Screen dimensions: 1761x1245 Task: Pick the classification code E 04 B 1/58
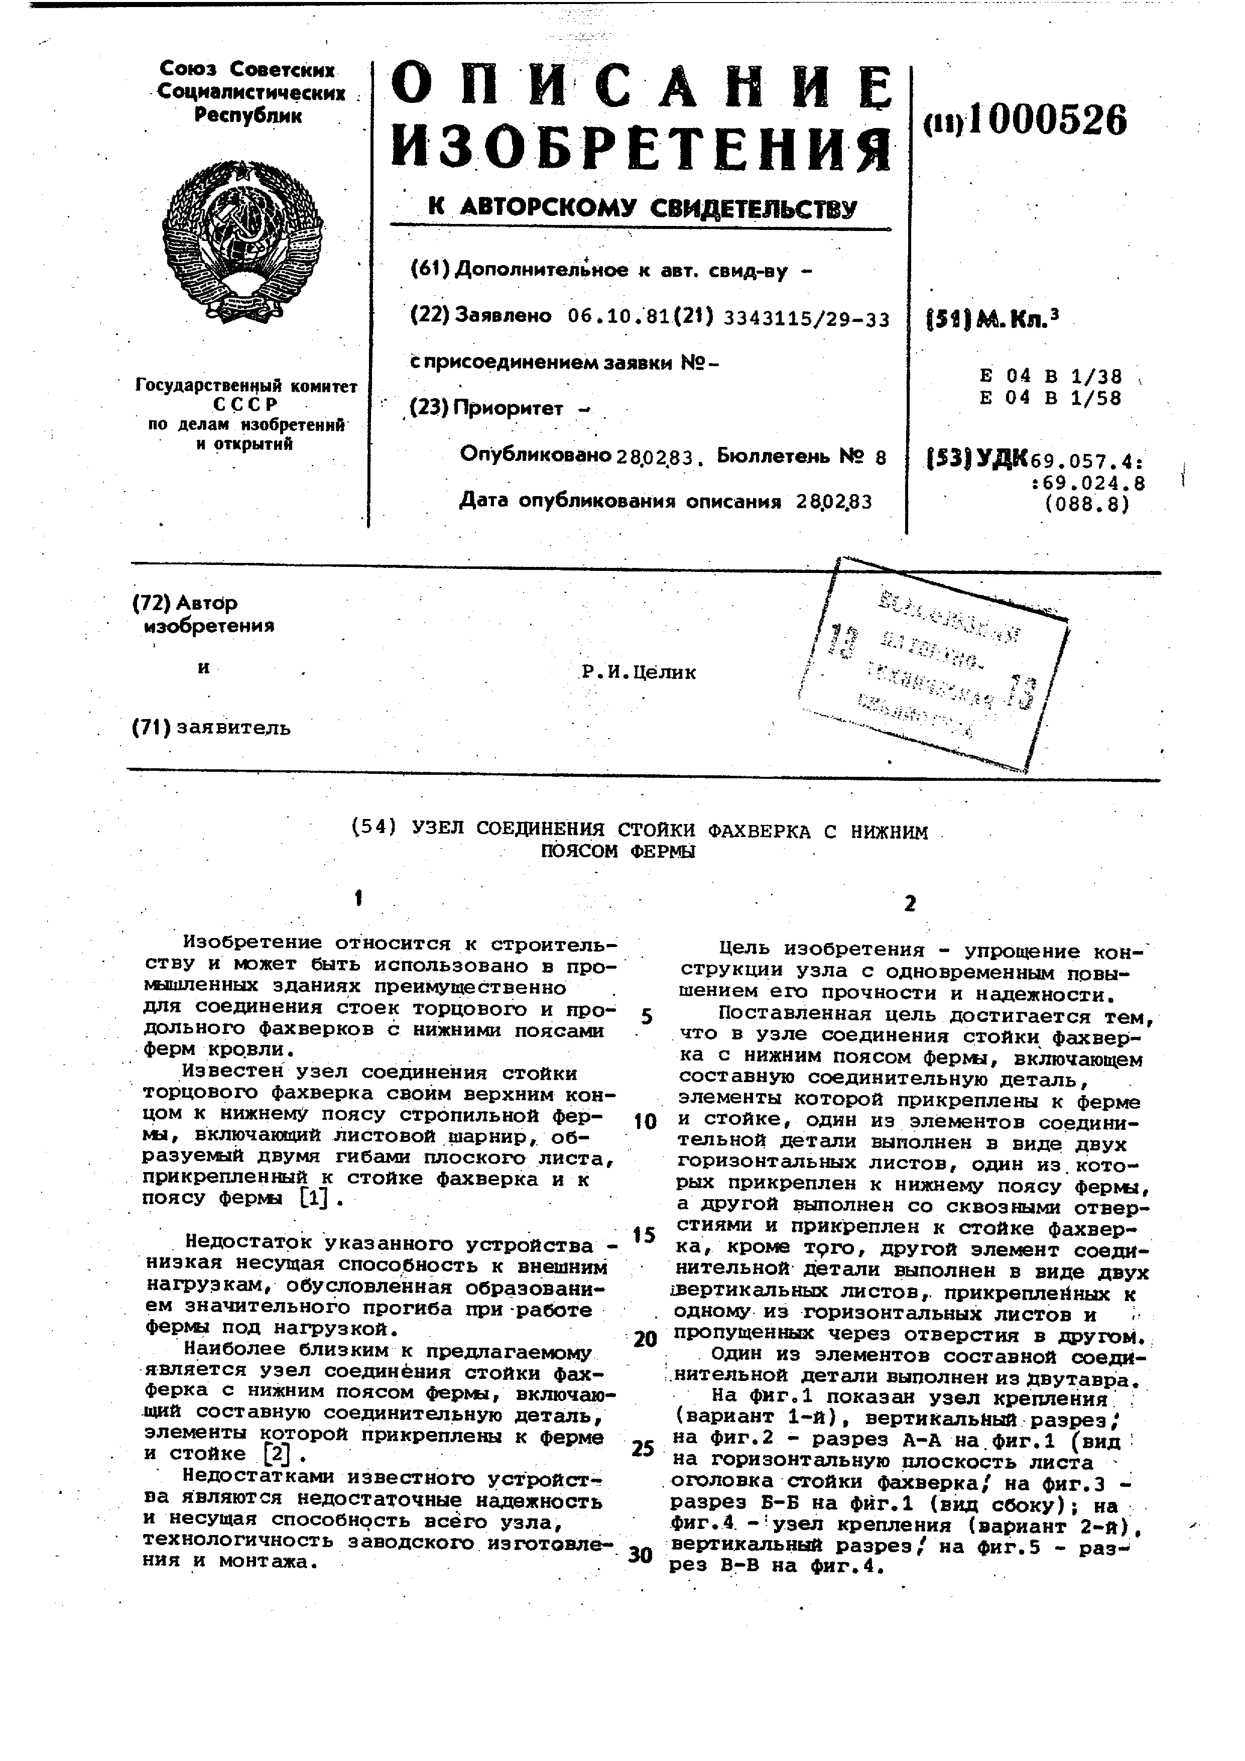[x=1050, y=398]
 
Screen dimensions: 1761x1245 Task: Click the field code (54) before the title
[x=374, y=828]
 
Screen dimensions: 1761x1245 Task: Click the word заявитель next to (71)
[x=234, y=727]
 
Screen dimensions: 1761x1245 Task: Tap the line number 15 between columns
[x=644, y=1235]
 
